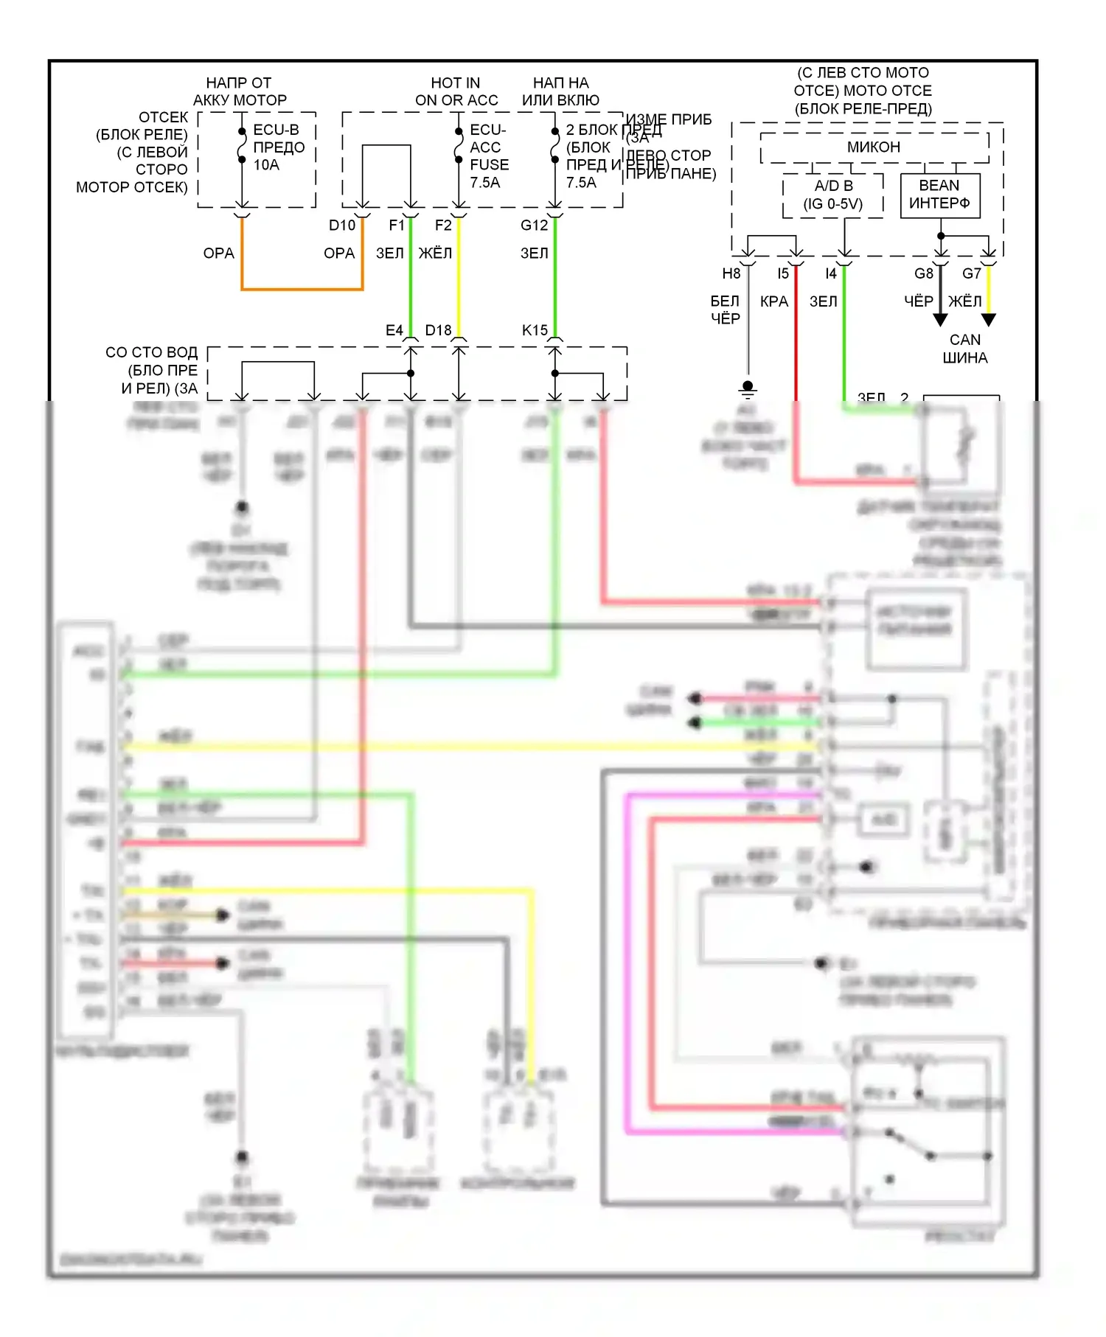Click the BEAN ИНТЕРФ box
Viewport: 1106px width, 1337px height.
pos(939,195)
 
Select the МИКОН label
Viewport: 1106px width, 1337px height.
pos(874,147)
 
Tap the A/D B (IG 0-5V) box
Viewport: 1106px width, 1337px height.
pos(833,195)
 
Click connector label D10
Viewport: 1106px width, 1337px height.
pos(342,226)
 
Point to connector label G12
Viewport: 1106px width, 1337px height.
pos(534,226)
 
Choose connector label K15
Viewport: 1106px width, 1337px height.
pos(535,330)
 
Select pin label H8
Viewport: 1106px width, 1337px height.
pos(731,274)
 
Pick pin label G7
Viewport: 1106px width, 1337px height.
pos(972,274)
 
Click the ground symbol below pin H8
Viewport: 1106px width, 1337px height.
pos(748,388)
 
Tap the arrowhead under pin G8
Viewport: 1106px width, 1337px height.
pos(940,320)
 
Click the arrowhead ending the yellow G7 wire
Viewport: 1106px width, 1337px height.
pos(989,320)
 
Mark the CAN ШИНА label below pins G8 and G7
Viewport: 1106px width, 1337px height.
pos(964,349)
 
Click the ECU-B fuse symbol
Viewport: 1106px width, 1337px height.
pos(242,146)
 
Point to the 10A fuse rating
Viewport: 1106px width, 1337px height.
pos(266,165)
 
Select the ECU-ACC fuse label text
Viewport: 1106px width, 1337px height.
pos(488,147)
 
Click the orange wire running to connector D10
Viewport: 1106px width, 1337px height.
pos(302,289)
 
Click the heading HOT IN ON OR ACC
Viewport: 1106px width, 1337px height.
pos(456,91)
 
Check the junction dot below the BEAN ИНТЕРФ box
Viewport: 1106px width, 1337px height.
pos(941,236)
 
